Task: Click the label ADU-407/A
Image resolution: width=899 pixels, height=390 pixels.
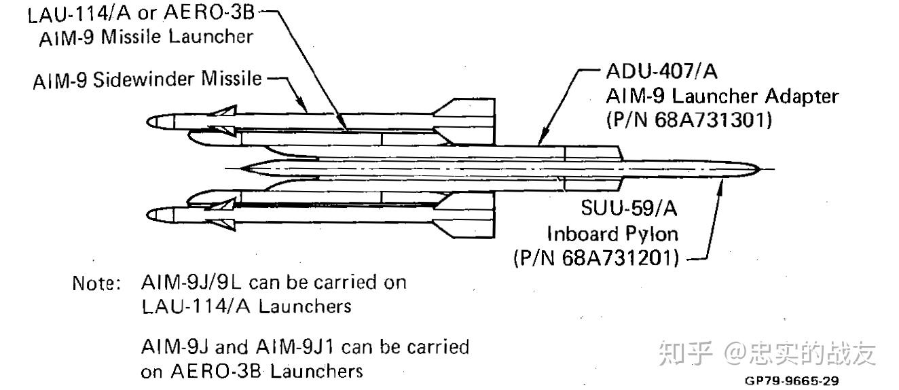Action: click(x=661, y=71)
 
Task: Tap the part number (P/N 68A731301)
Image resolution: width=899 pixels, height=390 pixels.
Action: click(x=689, y=120)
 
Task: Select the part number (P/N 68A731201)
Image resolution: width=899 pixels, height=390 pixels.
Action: click(x=596, y=258)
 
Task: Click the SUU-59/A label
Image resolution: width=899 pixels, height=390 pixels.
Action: click(x=629, y=208)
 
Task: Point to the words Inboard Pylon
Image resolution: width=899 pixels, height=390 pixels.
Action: click(x=612, y=234)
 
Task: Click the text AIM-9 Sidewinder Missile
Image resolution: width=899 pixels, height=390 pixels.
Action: click(x=147, y=79)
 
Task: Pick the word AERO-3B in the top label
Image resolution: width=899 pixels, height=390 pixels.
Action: click(x=209, y=12)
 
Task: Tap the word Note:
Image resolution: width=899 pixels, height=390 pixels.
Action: click(x=96, y=283)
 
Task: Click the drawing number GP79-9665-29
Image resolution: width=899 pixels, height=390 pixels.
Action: click(x=792, y=380)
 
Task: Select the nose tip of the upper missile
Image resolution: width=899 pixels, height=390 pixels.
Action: click(x=147, y=122)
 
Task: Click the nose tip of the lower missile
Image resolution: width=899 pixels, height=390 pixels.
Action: click(x=147, y=215)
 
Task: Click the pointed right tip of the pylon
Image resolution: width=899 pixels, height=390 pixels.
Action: click(x=760, y=169)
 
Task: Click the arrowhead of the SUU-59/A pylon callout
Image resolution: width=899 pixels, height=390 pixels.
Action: click(x=720, y=188)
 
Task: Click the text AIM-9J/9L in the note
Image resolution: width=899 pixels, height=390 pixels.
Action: click(x=191, y=283)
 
